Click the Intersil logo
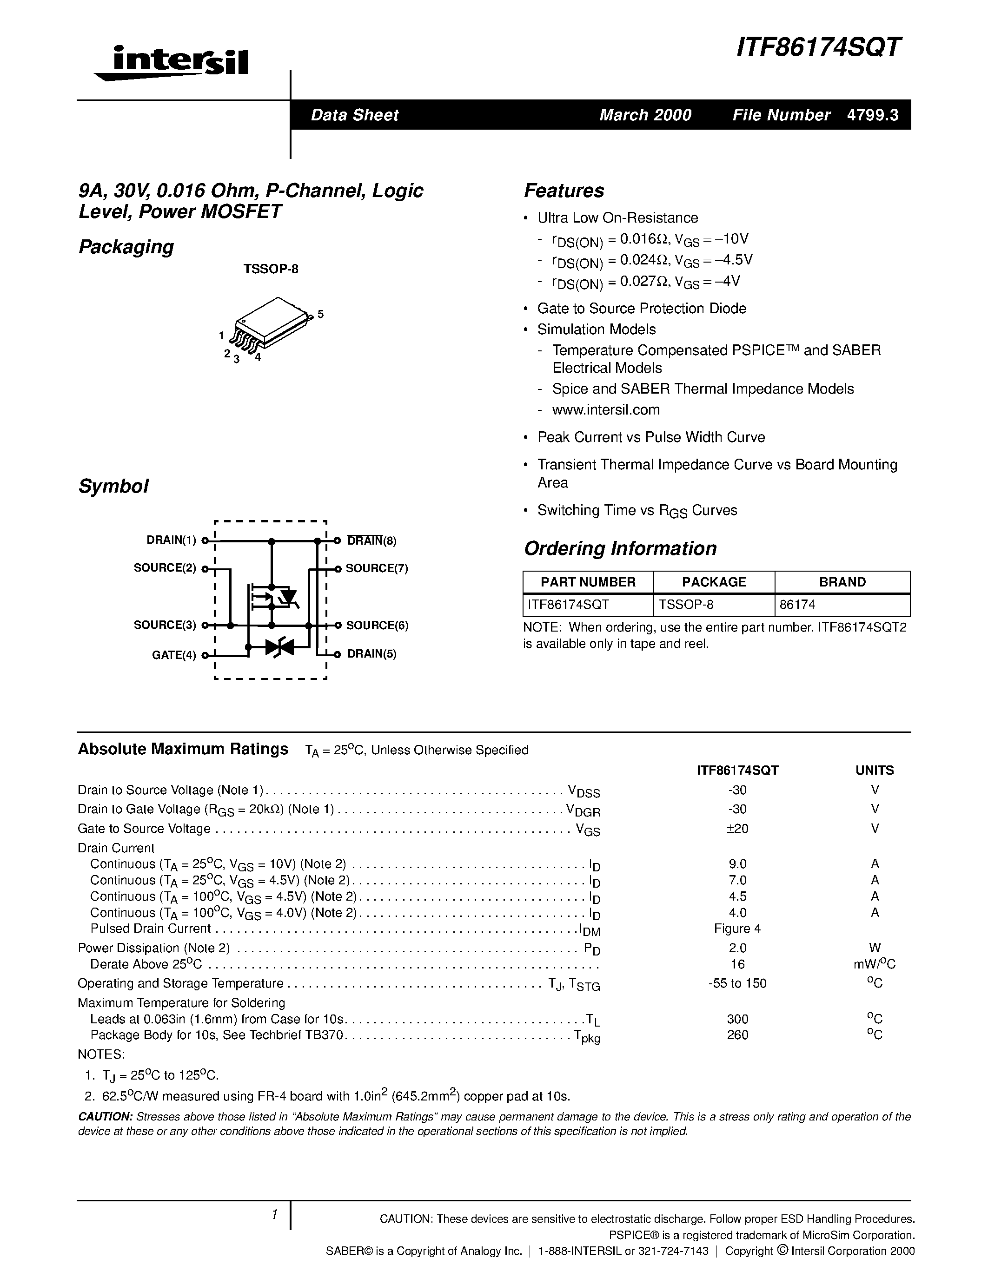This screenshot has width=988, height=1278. (x=172, y=63)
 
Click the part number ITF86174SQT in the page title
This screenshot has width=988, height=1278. (x=819, y=47)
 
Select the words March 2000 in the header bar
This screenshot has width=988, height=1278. (x=645, y=115)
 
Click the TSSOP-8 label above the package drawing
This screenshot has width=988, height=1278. (x=271, y=269)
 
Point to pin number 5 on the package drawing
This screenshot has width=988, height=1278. (x=321, y=315)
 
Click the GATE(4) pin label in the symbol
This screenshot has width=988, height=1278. (x=174, y=655)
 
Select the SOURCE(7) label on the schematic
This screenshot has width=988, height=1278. (x=376, y=568)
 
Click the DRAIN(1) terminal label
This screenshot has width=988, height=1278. (x=172, y=540)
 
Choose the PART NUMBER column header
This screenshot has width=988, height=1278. (x=588, y=582)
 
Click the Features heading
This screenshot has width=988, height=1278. (x=564, y=191)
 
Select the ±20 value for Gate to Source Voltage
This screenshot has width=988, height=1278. (x=737, y=829)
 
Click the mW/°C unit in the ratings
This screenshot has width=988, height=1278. (x=875, y=964)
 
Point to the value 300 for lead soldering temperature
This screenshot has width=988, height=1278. (x=737, y=1019)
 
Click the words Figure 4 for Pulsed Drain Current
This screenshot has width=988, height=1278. (x=737, y=929)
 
